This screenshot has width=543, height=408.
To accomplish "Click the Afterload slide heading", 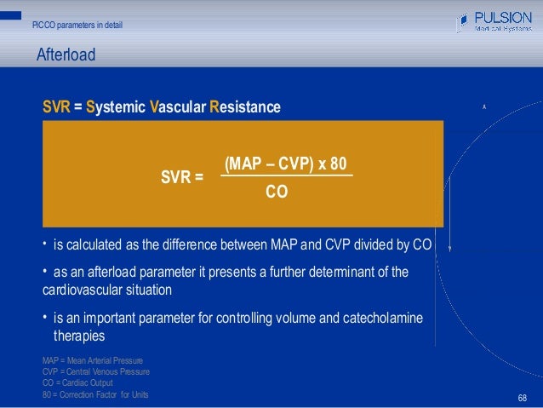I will [66, 56].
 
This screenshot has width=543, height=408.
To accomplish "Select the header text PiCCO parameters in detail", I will [77, 25].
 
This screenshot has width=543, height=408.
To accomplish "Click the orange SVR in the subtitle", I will [56, 108].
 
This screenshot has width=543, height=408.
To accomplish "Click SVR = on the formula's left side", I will [182, 178].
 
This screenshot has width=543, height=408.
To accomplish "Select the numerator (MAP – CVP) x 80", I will [286, 164].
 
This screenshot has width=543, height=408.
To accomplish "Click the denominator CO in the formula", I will [277, 193].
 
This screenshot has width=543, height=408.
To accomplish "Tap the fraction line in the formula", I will [286, 176].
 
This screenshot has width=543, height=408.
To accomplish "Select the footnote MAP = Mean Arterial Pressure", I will [93, 361].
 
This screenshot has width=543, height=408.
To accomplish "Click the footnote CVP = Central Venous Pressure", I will [95, 372].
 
